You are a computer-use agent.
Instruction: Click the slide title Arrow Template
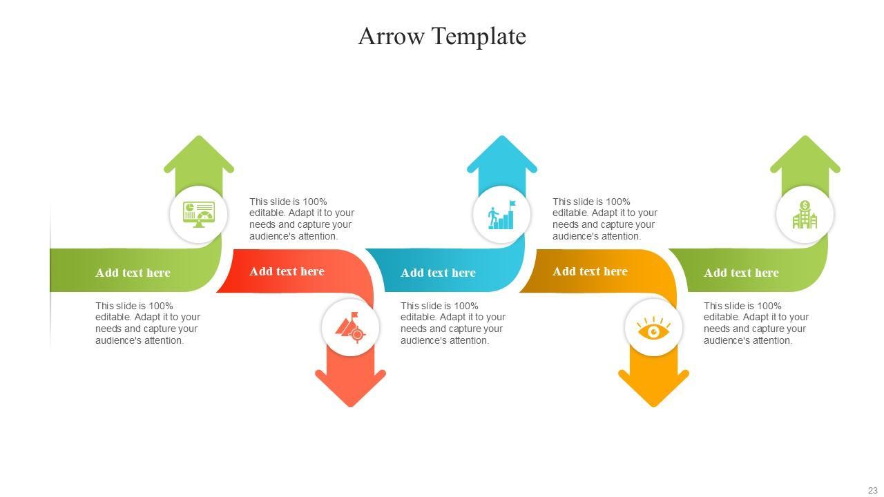[442, 36]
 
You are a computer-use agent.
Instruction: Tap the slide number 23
[872, 490]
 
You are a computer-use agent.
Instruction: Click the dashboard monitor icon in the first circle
[199, 214]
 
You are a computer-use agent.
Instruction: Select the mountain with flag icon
[350, 327]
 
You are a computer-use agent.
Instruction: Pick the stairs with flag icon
[502, 215]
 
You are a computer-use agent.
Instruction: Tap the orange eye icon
[653, 329]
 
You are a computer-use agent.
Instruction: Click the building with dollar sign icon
[805, 215]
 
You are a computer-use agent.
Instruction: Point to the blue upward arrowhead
[502, 155]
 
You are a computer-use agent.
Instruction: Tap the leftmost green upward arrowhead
[199, 155]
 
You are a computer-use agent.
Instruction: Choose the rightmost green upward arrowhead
[805, 155]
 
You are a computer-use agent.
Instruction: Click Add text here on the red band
[287, 271]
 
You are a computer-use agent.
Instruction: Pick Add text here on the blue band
[438, 273]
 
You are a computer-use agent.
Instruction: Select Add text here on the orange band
[590, 271]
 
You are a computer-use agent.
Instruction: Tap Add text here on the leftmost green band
[133, 273]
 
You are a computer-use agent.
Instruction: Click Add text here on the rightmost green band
[741, 273]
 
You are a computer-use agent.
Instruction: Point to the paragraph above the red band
[302, 219]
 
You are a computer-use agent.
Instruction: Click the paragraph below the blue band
[453, 323]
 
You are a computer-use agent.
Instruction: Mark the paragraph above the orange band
[605, 219]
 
